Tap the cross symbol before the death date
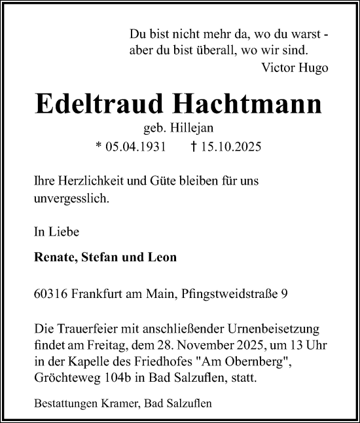194,147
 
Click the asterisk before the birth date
98,146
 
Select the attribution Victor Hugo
295,67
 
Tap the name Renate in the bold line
53,257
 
